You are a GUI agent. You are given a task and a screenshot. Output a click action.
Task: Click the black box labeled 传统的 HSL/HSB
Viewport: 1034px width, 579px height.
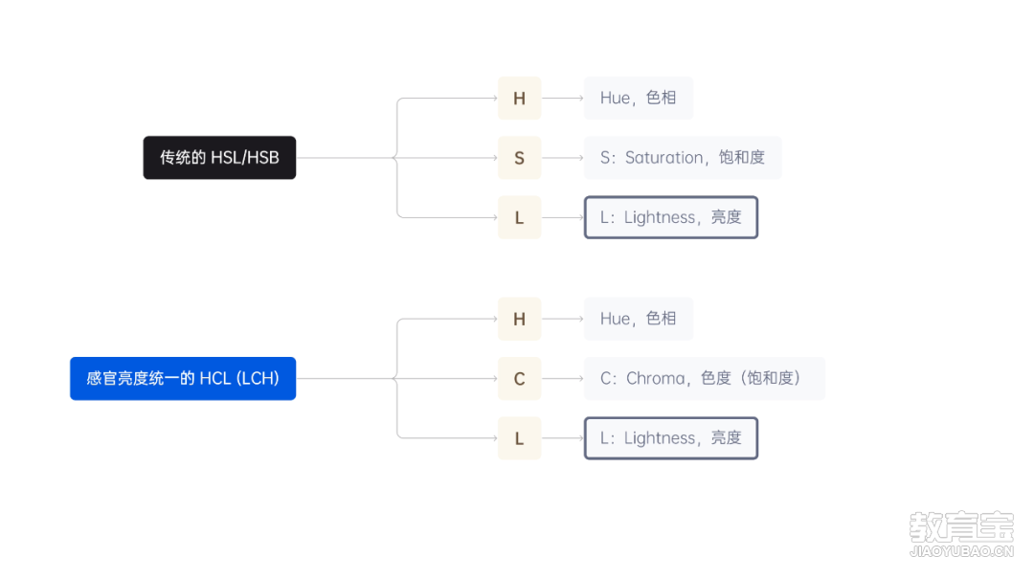219,158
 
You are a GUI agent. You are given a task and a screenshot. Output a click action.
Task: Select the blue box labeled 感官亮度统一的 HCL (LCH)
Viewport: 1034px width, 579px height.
183,379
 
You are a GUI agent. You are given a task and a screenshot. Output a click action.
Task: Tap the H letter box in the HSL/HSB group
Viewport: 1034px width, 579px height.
520,99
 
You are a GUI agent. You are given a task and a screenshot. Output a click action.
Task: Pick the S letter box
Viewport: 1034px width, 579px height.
520,158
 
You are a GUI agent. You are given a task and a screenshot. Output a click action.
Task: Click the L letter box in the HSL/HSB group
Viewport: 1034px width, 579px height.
520,217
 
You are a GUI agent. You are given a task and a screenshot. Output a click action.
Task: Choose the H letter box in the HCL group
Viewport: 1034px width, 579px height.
520,320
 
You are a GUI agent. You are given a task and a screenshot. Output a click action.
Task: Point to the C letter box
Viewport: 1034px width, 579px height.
520,379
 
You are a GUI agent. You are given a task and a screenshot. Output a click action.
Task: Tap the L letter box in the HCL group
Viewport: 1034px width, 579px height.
520,438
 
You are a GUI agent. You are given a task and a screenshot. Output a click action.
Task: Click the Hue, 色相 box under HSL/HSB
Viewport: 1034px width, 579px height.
639,99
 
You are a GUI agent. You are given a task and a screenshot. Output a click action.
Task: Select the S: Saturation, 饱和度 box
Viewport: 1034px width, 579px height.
683,158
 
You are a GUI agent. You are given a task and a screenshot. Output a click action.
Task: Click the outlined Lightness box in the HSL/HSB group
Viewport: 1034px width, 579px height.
671,217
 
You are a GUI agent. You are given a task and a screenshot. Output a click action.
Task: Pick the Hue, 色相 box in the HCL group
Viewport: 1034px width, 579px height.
639,320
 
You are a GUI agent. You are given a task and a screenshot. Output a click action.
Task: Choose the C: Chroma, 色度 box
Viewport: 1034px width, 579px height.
705,379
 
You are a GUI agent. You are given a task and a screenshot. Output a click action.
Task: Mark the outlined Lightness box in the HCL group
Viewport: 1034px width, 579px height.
671,438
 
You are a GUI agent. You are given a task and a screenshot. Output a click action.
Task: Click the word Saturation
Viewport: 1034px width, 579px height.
664,158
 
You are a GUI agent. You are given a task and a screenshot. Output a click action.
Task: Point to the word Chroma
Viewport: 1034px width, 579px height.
656,379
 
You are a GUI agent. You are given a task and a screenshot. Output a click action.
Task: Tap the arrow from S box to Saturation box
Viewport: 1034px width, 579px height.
563,158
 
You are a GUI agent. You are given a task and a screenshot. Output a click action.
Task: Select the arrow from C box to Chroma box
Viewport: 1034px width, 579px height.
563,379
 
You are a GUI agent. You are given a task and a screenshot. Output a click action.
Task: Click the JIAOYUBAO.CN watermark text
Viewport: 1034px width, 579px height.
961,551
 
